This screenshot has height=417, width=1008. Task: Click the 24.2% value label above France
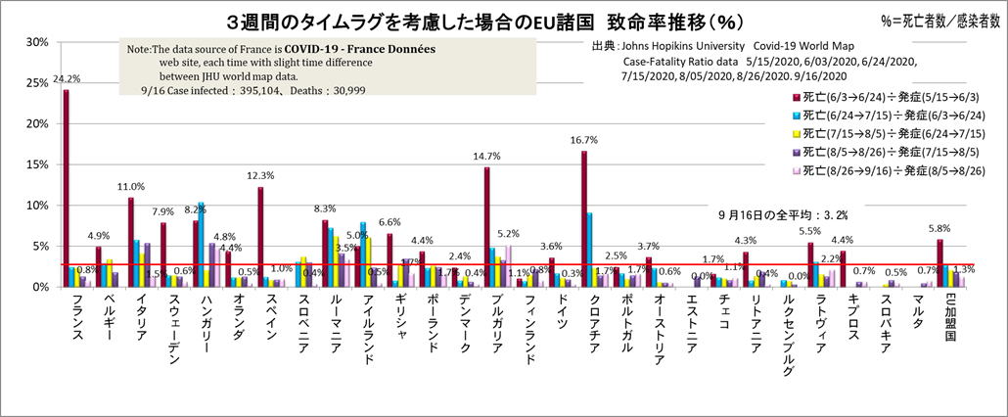(x=67, y=78)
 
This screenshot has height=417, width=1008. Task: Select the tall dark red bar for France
(x=66, y=186)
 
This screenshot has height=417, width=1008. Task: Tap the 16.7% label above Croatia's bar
(x=584, y=140)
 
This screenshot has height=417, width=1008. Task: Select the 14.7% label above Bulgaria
(x=485, y=156)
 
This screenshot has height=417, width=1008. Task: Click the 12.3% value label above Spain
(x=259, y=175)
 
